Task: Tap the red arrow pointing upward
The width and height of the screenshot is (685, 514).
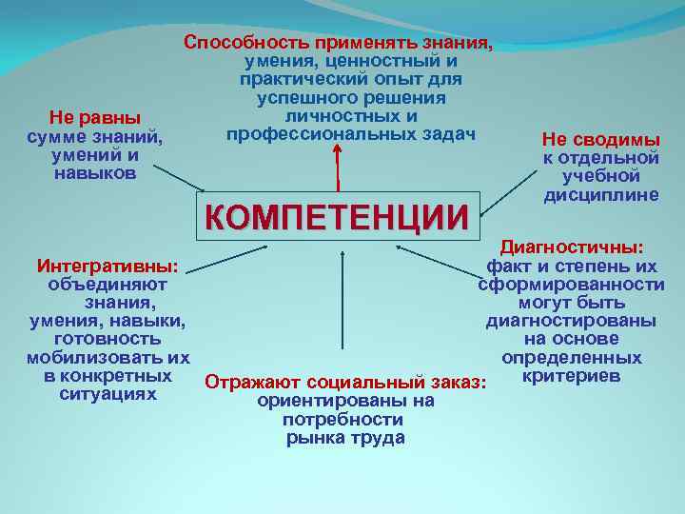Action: click(x=337, y=173)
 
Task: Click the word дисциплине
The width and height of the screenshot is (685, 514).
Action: click(x=587, y=194)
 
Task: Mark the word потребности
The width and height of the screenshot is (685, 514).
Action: click(x=343, y=419)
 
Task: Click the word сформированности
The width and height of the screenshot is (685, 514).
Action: click(x=572, y=285)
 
